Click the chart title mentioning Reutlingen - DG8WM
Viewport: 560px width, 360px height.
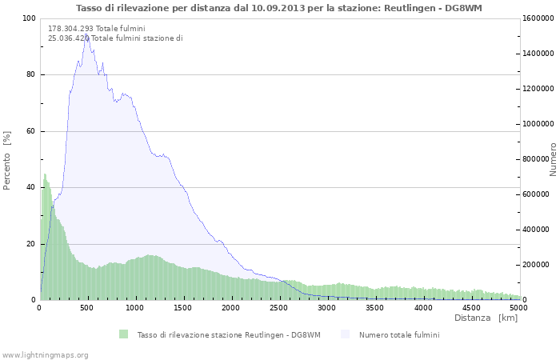click(280, 8)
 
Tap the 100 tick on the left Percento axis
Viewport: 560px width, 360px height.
click(29, 18)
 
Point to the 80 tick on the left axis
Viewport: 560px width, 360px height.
click(31, 75)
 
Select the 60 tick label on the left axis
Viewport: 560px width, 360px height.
click(31, 131)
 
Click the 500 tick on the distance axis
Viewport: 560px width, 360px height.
click(87, 307)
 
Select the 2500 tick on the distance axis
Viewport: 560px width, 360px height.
click(279, 307)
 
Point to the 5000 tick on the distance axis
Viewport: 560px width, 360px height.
click(518, 307)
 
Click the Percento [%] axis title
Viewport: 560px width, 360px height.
click(7, 160)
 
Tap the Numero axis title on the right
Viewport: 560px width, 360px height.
click(553, 160)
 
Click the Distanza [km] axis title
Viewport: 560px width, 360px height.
click(486, 318)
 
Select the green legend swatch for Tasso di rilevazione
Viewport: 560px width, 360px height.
click(123, 334)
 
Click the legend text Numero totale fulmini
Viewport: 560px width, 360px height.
click(399, 334)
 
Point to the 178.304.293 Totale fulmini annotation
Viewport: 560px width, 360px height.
click(96, 28)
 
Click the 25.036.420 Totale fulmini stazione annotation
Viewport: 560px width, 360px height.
click(115, 38)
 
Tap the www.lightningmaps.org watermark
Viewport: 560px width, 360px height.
click(45, 354)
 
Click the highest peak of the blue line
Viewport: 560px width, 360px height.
click(86, 34)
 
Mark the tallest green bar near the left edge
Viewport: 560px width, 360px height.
click(45, 175)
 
